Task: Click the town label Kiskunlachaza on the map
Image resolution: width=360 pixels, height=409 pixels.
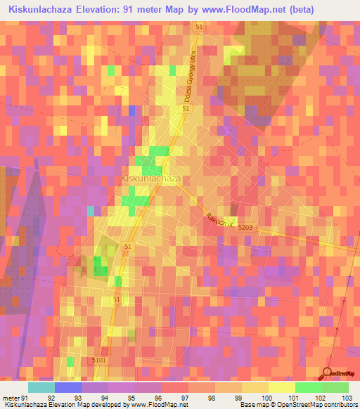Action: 152,179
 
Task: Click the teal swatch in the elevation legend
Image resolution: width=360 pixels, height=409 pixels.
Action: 41,387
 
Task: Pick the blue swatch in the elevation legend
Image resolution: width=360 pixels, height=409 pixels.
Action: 67,387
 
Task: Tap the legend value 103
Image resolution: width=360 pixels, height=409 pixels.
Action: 347,397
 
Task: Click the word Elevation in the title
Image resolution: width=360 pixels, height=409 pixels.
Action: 96,9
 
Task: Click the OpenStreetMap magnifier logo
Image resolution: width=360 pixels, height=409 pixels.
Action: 328,373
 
